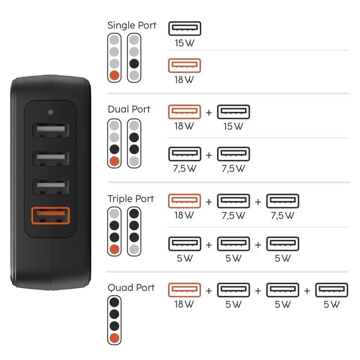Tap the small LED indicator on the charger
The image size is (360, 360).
point(50,112)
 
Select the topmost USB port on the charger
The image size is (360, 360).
point(50,130)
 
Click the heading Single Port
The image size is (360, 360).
point(132,26)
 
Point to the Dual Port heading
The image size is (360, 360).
point(129,109)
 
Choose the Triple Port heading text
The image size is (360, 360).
point(130,199)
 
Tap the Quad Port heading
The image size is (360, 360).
point(131,288)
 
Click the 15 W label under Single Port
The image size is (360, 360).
point(184,44)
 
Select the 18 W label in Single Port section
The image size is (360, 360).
point(184,80)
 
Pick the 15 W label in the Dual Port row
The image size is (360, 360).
point(233,126)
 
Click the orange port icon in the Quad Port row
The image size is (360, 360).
point(184,290)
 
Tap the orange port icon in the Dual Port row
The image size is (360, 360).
point(184,112)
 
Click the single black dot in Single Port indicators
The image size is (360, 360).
point(134,64)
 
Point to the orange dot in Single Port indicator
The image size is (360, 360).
point(114,76)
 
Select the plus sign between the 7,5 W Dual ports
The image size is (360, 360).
point(209,155)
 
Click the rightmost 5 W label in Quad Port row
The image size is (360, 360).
point(331,305)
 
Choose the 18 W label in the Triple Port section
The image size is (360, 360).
point(184,216)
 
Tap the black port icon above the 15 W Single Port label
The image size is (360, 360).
point(184,28)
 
